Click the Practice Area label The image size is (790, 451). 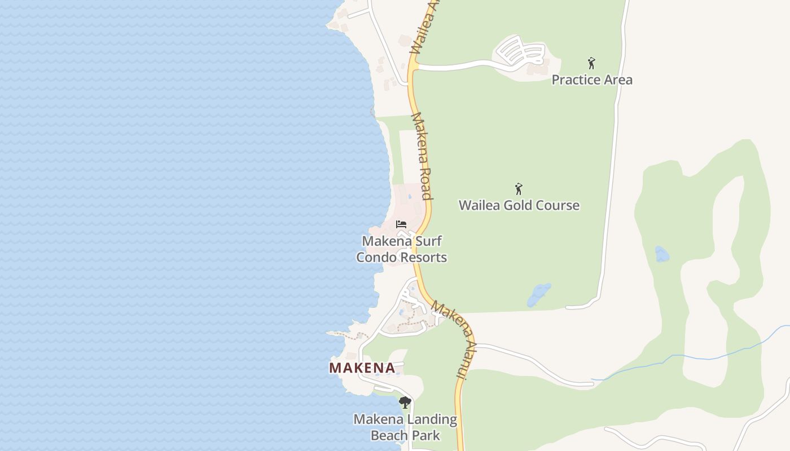(x=592, y=79)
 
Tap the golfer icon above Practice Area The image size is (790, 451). (x=591, y=63)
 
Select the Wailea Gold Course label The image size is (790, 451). (x=519, y=205)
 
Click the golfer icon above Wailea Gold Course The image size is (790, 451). (x=519, y=189)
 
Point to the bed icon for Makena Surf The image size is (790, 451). (x=401, y=224)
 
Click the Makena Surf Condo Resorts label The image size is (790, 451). (x=401, y=249)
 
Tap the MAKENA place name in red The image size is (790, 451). (x=362, y=368)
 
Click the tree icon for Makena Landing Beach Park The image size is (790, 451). (x=405, y=403)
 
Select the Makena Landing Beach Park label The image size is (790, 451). (x=405, y=427)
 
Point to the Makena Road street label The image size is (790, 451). (x=422, y=156)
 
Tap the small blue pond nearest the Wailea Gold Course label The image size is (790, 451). (x=539, y=295)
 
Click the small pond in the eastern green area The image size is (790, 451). (x=662, y=254)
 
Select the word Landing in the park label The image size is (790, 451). (x=429, y=419)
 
